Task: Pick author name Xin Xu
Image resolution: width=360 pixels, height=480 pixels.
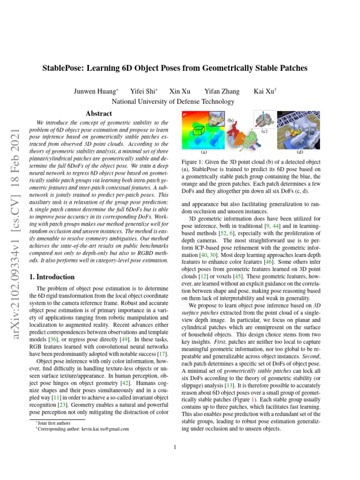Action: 179,91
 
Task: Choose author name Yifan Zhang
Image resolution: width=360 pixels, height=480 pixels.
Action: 222,91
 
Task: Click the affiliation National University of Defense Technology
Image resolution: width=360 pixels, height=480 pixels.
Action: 173,102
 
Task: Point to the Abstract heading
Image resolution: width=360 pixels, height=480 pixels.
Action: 98,114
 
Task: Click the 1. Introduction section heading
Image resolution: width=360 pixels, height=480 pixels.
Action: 52,277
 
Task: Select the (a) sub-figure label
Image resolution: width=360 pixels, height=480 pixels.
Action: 203,152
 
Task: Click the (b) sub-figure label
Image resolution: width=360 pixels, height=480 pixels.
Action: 231,120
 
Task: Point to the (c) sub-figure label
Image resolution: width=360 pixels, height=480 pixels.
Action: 264,132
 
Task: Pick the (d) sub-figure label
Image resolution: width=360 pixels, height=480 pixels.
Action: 300,152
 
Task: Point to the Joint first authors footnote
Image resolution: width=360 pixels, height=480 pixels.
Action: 53,423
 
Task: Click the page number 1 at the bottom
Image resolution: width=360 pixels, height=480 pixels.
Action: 174,447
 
